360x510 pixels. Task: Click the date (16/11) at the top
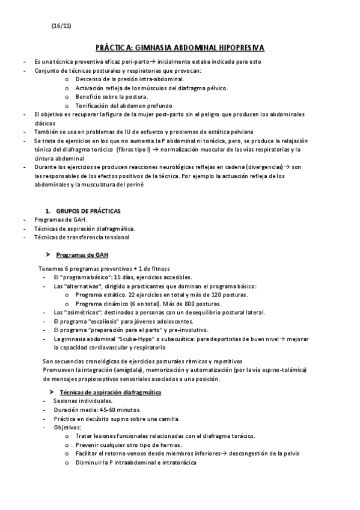click(x=61, y=26)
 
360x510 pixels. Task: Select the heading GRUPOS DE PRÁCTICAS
click(x=88, y=210)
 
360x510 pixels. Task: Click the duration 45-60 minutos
click(x=106, y=410)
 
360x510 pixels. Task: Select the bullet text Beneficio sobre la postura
click(x=112, y=96)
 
